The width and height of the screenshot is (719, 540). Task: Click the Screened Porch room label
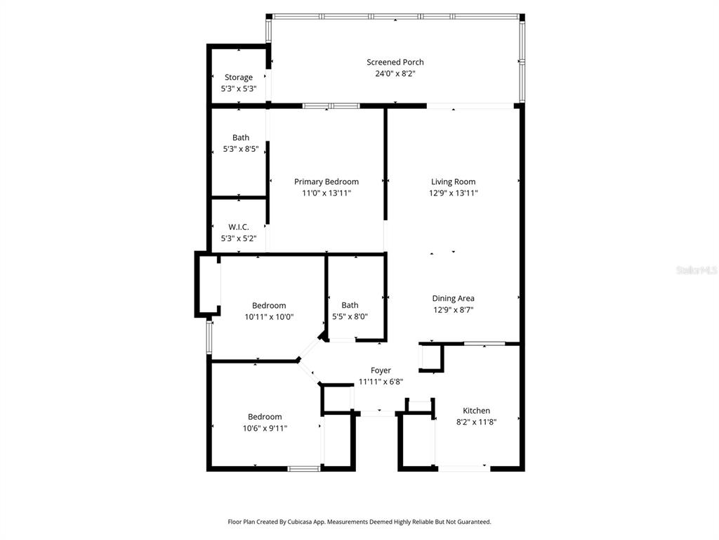click(395, 62)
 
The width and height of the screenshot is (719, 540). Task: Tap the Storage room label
click(239, 77)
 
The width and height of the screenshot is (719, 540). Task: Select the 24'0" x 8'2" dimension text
click(395, 73)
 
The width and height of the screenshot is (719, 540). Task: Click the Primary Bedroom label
click(326, 181)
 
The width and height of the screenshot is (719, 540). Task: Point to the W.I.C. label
click(239, 227)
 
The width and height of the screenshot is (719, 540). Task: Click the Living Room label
click(453, 181)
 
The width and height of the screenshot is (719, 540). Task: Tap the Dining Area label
click(453, 298)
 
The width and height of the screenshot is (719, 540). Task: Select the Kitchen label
click(476, 411)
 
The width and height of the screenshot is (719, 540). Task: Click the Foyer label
click(381, 370)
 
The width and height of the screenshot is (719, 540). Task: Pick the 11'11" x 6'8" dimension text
click(381, 382)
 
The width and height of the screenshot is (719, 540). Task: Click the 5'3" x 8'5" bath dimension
click(241, 149)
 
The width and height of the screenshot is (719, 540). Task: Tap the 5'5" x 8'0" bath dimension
click(350, 316)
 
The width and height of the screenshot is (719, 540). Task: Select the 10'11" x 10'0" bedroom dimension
click(269, 317)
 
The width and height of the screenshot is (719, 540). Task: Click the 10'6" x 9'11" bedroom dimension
click(265, 428)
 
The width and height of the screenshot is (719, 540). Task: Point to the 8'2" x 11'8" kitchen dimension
click(476, 422)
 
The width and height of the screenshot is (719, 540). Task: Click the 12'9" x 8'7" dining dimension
click(453, 309)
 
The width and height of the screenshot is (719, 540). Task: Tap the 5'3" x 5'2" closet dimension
click(239, 238)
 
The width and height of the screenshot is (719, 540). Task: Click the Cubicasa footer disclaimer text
click(359, 522)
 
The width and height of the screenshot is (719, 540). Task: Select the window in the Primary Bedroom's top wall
click(331, 106)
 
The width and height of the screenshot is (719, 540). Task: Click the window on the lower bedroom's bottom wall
click(303, 469)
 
